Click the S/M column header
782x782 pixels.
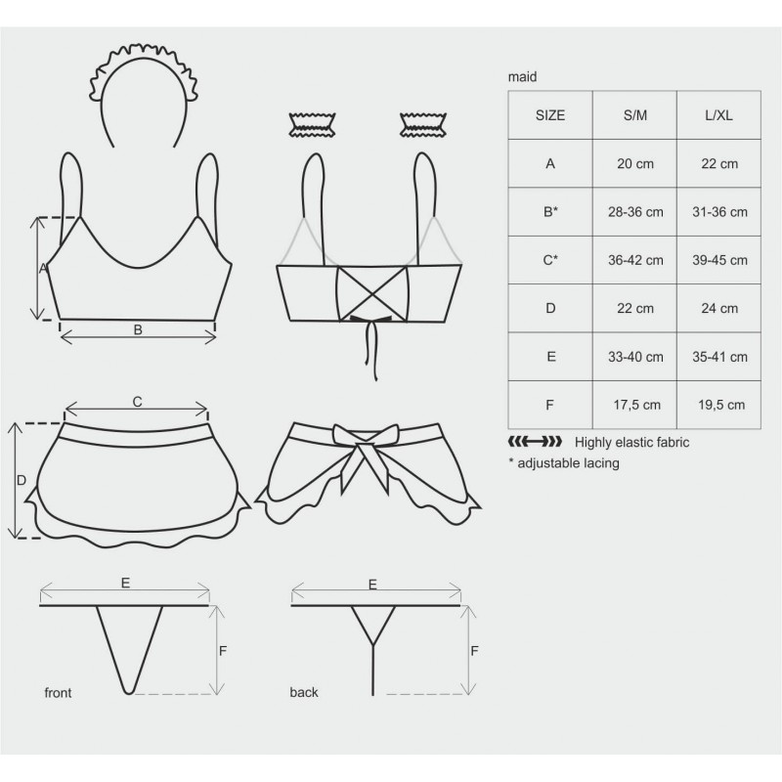tap(634, 115)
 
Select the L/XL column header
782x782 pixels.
tap(718, 115)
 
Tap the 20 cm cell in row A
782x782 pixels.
tap(634, 163)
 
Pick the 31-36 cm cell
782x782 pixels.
tap(719, 212)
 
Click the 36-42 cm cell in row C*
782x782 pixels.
tap(635, 260)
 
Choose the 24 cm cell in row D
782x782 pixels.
tap(719, 308)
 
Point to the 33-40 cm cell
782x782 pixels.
tap(635, 357)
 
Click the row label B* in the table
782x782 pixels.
tap(550, 212)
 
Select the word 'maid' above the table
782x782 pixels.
tap(522, 77)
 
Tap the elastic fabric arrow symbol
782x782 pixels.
tap(535, 442)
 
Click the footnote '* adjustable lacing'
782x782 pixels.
tap(564, 463)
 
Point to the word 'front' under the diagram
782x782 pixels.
tap(58, 693)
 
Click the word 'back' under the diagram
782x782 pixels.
tap(304, 692)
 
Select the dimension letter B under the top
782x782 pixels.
tap(138, 329)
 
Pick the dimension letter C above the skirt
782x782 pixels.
tap(137, 402)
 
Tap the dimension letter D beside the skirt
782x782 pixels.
tap(21, 480)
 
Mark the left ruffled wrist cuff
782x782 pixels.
tap(312, 125)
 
